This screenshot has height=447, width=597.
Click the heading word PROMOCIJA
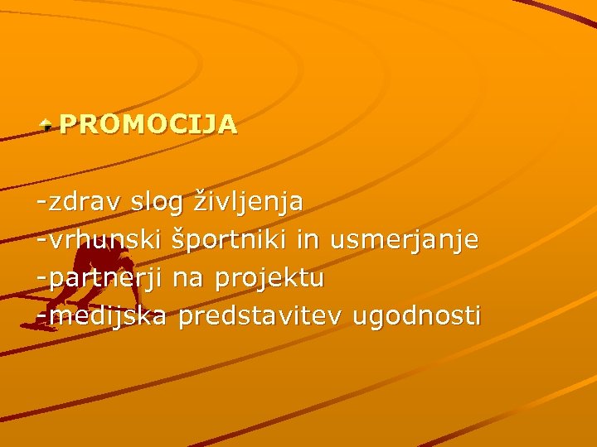(x=148, y=124)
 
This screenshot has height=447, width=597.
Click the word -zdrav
(x=80, y=201)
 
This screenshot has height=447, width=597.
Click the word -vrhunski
(x=99, y=240)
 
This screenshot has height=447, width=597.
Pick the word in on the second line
(x=308, y=239)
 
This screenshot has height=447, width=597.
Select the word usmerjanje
(x=404, y=241)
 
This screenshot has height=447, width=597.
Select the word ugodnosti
(x=416, y=317)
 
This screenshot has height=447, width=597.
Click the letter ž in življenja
(x=200, y=201)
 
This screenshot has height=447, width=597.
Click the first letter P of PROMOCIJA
(x=68, y=124)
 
